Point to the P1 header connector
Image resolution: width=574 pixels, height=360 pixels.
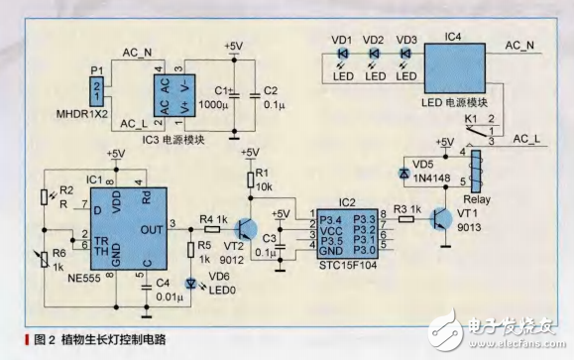[x=96, y=92]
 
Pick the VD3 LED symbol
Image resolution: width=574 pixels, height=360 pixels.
[x=404, y=53]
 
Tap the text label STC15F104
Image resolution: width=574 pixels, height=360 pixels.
[x=342, y=265]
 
